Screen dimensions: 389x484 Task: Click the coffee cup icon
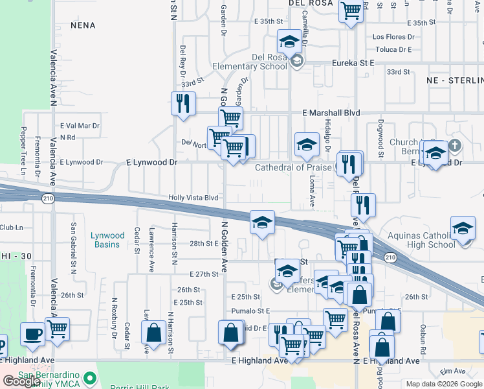click(x=32, y=335)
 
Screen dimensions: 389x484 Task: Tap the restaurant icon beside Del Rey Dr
click(x=183, y=103)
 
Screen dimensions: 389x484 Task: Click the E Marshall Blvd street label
click(x=331, y=112)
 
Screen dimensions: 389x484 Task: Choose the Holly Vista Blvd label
click(x=193, y=197)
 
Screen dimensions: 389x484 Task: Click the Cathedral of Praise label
click(x=293, y=167)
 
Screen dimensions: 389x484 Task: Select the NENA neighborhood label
click(x=83, y=25)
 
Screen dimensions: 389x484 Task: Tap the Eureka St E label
click(x=353, y=63)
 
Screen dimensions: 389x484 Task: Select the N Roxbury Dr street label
click(x=114, y=317)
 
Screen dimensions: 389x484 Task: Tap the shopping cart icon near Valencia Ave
click(x=58, y=329)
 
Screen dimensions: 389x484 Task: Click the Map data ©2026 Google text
click(x=444, y=383)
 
